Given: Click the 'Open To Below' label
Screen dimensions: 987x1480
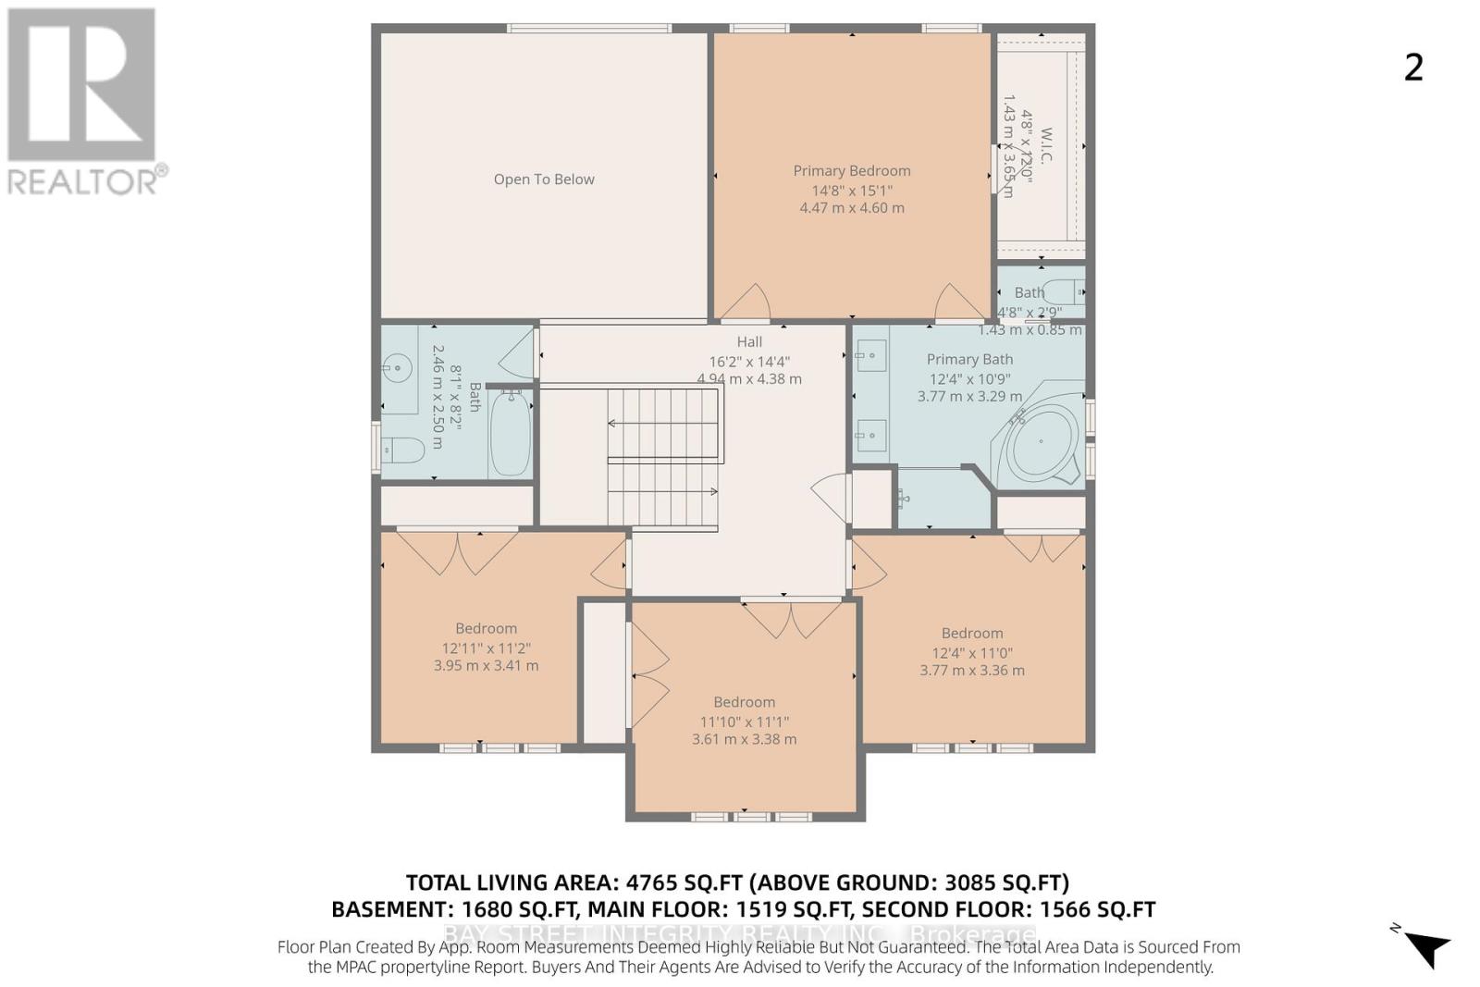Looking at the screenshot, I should coord(544,179).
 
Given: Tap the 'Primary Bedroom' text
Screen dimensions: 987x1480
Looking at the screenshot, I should coord(851,170).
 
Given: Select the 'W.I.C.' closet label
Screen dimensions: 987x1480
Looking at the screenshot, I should coord(1046,145).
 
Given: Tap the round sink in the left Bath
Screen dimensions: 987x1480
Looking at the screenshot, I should coord(397,368).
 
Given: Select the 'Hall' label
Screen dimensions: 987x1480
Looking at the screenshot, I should coord(749,341).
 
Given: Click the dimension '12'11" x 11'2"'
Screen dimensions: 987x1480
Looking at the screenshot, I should coord(486,648).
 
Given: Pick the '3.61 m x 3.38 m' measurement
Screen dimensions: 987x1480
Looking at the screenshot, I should coord(744,739).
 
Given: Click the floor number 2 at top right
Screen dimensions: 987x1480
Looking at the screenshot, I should coord(1413,68).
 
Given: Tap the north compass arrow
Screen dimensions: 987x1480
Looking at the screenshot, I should coord(1425,946).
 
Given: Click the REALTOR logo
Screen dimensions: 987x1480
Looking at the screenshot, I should coord(83,101).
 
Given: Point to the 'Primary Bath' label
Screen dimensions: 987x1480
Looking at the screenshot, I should coord(969,359).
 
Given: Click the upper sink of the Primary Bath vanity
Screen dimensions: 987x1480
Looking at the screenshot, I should coord(870,352).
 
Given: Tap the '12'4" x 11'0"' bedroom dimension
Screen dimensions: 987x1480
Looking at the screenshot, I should coord(971,652).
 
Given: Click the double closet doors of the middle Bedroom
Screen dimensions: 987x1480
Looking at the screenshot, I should coord(791,619).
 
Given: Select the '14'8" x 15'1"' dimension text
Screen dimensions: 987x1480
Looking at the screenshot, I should coord(851,191).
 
